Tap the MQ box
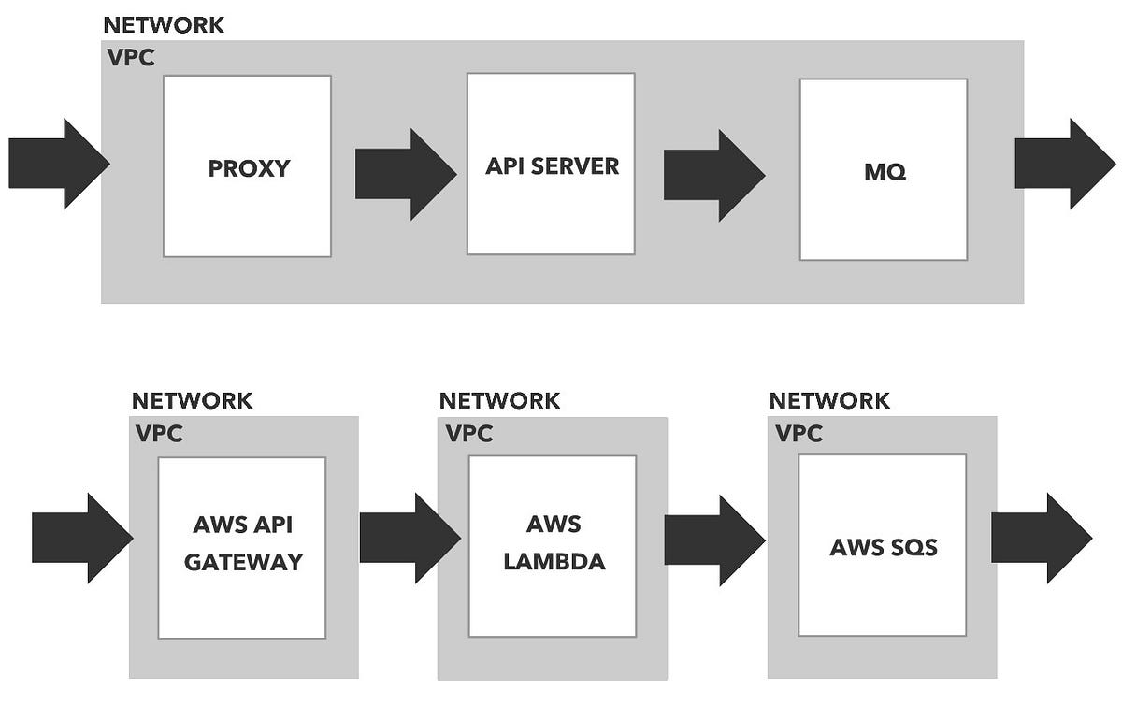884,169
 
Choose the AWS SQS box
883,546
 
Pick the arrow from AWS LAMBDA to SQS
713,541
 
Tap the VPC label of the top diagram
131,57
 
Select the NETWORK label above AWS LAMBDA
499,401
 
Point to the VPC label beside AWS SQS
799,434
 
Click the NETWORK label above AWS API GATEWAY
192,401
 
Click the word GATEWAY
243,562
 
